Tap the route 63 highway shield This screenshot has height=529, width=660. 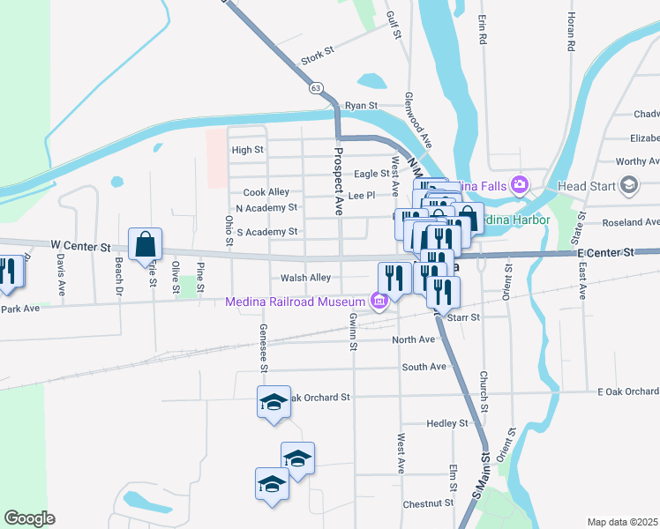point(316,88)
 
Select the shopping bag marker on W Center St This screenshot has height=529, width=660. point(145,245)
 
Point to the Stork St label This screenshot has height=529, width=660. point(318,52)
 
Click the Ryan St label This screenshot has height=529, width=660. point(361,105)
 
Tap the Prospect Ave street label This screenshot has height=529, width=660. point(337,181)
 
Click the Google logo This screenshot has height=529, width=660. point(29,518)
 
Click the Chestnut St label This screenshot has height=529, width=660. point(427,503)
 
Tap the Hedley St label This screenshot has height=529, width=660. point(446,423)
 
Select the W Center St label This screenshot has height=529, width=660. point(80,246)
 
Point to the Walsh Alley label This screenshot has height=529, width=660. point(305,278)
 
